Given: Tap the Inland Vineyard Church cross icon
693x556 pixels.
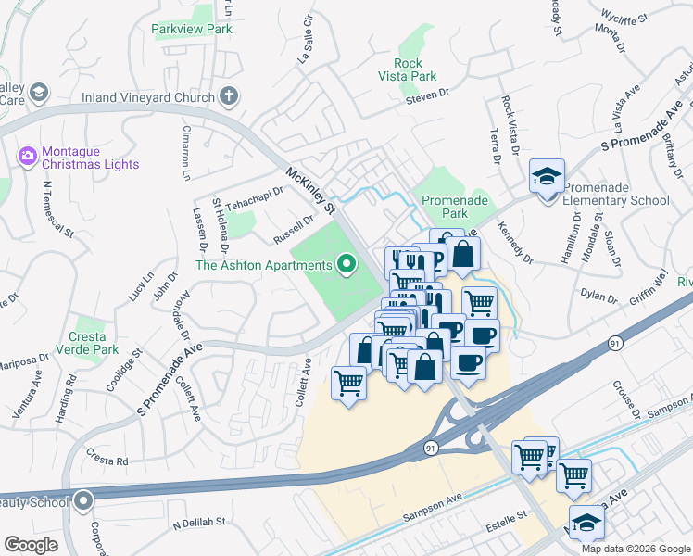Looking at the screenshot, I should (x=229, y=95).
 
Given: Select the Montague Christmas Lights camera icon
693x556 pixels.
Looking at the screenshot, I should (x=27, y=154).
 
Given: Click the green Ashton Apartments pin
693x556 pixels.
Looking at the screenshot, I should (x=346, y=266).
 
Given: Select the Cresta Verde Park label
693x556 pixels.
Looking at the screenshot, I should (x=94, y=343).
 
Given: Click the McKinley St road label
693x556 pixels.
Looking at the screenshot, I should (x=309, y=185).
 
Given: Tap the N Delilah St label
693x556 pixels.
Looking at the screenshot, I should (x=199, y=523).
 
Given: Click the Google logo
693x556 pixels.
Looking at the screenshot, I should (x=31, y=545).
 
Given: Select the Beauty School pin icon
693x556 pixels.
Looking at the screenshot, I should (x=83, y=502).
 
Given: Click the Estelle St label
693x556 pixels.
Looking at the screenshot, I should (x=509, y=513).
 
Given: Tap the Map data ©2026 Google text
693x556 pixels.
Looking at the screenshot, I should (x=636, y=549).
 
